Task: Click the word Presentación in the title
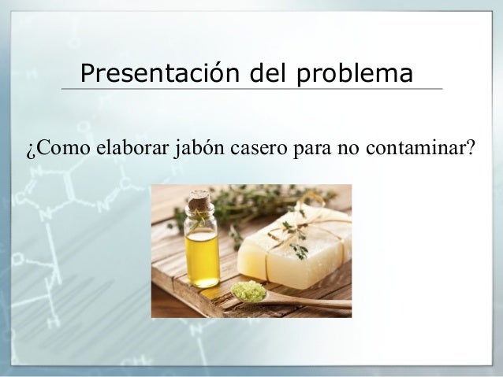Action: pos(160,72)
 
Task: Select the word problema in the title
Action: pos(355,74)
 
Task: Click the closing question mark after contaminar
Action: pos(468,147)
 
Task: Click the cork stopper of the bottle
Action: pos(199,199)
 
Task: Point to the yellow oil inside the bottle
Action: pos(202,257)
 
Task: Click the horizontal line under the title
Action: pos(251,89)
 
